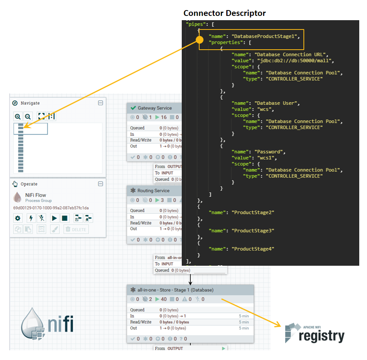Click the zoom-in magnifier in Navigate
(x=17, y=116)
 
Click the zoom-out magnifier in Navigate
(x=28, y=116)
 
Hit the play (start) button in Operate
(x=55, y=218)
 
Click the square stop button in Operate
(x=65, y=218)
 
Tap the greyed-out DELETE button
(x=76, y=229)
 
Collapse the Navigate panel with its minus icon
(x=100, y=103)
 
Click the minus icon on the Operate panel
(x=100, y=184)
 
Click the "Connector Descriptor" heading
(x=224, y=13)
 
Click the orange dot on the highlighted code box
(x=200, y=40)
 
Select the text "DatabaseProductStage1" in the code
(x=265, y=36)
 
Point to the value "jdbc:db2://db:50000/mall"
(x=295, y=61)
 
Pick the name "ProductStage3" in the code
(x=253, y=230)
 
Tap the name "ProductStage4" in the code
(x=253, y=249)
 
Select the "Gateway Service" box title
(x=155, y=108)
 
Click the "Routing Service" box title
(x=153, y=190)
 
